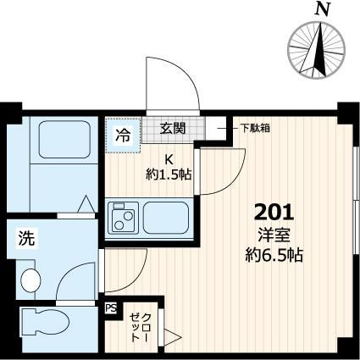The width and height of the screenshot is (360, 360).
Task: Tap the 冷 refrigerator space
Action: pos(124,134)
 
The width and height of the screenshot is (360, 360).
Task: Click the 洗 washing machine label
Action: pos(26,240)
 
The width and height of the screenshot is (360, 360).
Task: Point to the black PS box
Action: pos(109,309)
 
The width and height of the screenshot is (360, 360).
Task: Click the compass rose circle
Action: pos(319,50)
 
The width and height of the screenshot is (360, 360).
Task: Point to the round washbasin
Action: pos(30,279)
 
